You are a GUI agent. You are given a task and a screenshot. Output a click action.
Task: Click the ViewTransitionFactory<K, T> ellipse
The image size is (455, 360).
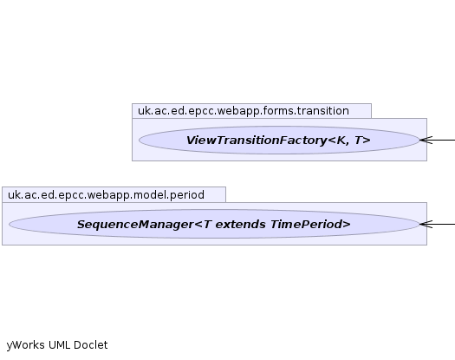[279, 140]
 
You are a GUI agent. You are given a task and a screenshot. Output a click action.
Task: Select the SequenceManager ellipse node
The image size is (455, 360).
[214, 224]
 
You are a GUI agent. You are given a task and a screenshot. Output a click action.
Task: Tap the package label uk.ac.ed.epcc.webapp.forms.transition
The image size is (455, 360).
[244, 111]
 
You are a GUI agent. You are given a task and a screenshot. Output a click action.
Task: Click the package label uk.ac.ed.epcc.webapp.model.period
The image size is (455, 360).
[106, 195]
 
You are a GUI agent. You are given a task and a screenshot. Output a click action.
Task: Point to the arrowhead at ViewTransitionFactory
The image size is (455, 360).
[420, 140]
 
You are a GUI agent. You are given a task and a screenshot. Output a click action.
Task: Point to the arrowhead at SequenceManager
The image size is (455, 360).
[420, 224]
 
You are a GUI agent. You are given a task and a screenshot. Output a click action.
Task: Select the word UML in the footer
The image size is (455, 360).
[60, 345]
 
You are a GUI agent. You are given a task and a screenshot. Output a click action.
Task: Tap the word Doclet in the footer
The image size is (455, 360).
[90, 345]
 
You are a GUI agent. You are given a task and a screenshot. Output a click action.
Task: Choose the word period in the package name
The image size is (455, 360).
[187, 195]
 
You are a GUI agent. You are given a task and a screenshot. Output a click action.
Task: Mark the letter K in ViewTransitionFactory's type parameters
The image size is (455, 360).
[341, 141]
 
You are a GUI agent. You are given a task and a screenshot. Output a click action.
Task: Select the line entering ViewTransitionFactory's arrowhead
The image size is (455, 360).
[438, 140]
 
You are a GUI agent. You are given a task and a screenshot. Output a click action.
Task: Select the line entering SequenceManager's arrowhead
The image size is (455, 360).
[438, 224]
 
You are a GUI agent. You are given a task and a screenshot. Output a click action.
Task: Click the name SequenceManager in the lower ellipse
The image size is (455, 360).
[135, 225]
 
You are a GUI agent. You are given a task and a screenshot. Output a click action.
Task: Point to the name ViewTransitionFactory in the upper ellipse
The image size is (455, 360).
[257, 141]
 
